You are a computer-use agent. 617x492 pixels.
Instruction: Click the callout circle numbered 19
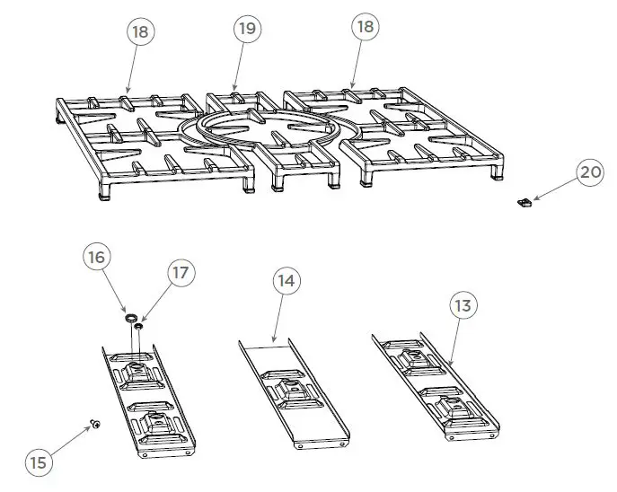click(x=247, y=30)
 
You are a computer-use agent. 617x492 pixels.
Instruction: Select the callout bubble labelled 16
click(x=97, y=257)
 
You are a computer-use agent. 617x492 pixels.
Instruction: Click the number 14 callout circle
click(x=285, y=281)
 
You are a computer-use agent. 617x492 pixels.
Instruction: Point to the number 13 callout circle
click(x=463, y=306)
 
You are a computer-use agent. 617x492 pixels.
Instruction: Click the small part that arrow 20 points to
click(x=524, y=204)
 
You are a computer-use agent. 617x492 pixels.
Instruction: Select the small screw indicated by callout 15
click(x=93, y=424)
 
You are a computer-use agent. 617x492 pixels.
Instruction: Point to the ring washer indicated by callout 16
click(x=130, y=316)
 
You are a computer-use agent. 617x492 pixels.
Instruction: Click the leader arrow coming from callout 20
click(x=553, y=189)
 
